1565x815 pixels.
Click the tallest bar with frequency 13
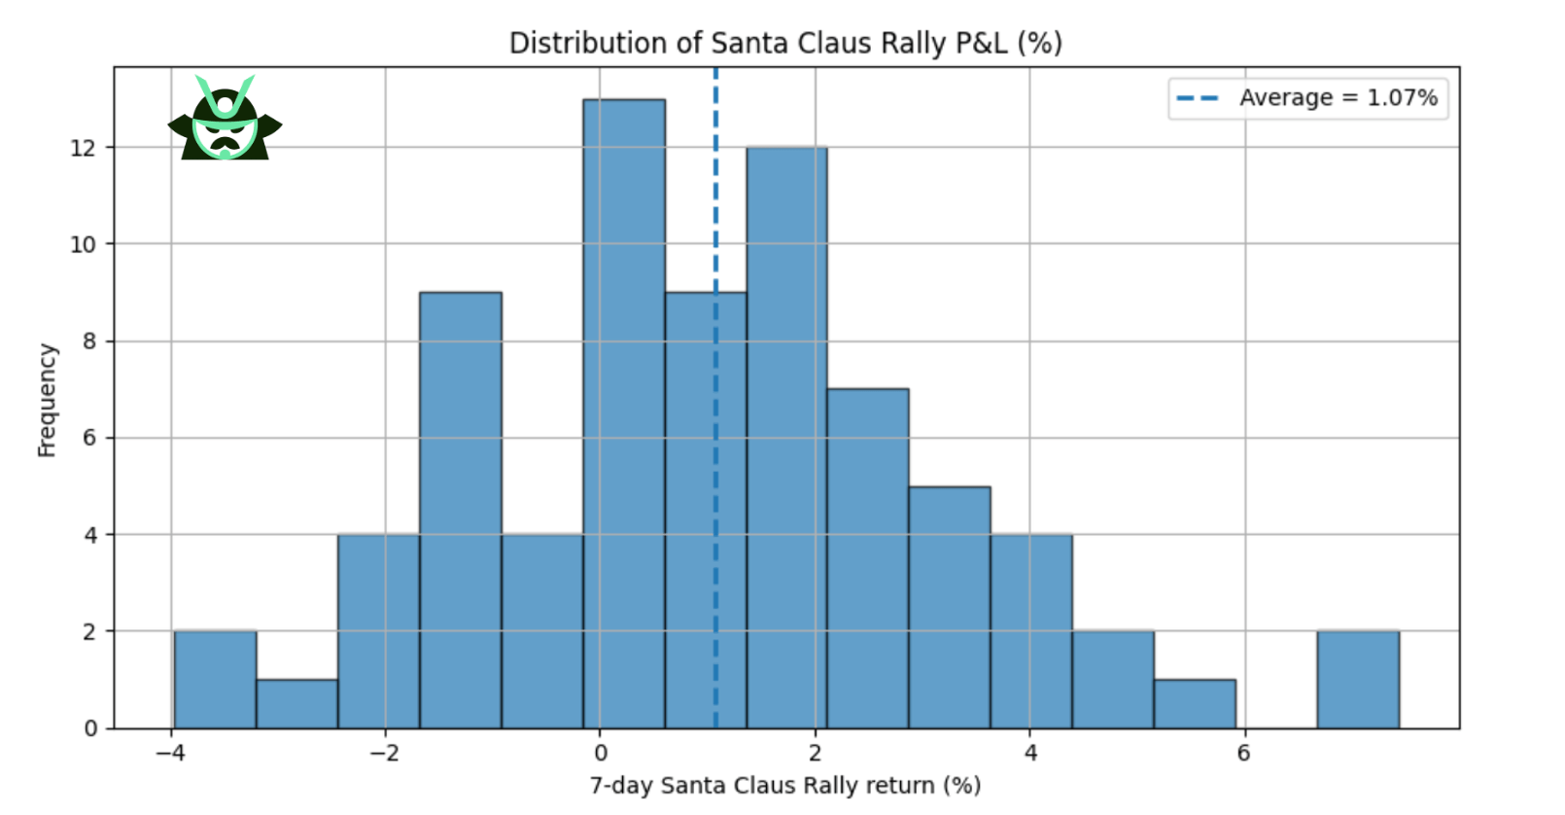tap(624, 413)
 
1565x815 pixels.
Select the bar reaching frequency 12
tap(787, 438)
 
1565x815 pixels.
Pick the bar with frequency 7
tap(868, 558)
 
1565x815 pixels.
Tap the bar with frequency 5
tap(950, 607)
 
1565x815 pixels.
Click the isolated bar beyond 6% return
tap(1358, 680)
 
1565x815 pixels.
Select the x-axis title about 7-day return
tap(785, 786)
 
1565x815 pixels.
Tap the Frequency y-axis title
tap(47, 400)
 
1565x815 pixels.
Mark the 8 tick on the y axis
tap(89, 341)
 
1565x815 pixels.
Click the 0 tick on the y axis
tap(90, 728)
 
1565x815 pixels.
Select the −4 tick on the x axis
tap(170, 754)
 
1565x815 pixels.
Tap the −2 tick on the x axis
tap(384, 754)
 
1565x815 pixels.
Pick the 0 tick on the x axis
tap(601, 754)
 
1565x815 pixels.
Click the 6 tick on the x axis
tap(1244, 754)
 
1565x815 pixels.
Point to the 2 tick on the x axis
tap(816, 754)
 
